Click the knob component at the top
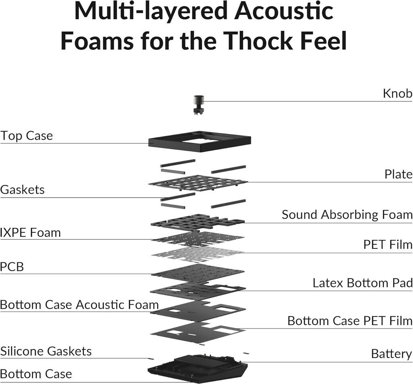click(x=198, y=104)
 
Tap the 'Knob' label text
click(x=397, y=94)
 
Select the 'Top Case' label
click(x=27, y=136)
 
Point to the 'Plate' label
click(x=398, y=174)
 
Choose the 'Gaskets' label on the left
click(x=22, y=190)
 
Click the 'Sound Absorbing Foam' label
click(x=347, y=215)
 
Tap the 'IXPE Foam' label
click(x=30, y=233)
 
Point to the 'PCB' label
click(x=12, y=267)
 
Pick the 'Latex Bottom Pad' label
click(x=362, y=283)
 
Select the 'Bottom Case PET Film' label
click(x=350, y=321)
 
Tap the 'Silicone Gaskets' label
click(x=46, y=351)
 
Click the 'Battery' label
click(x=391, y=354)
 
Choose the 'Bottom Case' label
click(x=36, y=374)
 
